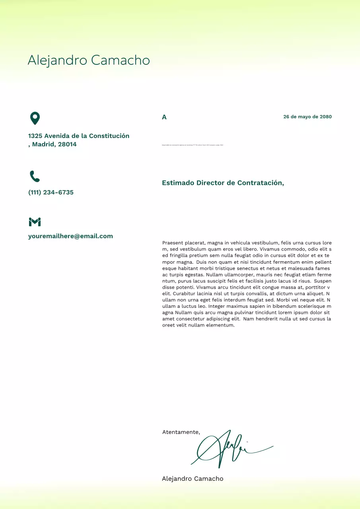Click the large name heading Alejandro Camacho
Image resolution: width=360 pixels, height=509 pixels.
pos(89,60)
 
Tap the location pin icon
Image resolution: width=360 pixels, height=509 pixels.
pos(35,118)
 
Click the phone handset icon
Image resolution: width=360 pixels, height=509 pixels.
pos(35,176)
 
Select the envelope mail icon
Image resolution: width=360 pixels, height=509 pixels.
pos(35,222)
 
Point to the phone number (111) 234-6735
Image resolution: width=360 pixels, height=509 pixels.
pos(51,192)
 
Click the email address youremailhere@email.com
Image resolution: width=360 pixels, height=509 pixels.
pos(70,236)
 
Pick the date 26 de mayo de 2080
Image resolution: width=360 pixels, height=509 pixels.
pos(307,117)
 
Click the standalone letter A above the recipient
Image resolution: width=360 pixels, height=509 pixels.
pos(164,117)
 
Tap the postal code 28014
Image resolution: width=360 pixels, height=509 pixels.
pos(67,144)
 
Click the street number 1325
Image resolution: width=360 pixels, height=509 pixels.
pos(35,136)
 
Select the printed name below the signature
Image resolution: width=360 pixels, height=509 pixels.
pos(193,479)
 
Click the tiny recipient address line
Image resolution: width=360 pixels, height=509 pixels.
pos(193,145)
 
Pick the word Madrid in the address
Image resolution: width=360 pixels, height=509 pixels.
pos(43,144)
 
